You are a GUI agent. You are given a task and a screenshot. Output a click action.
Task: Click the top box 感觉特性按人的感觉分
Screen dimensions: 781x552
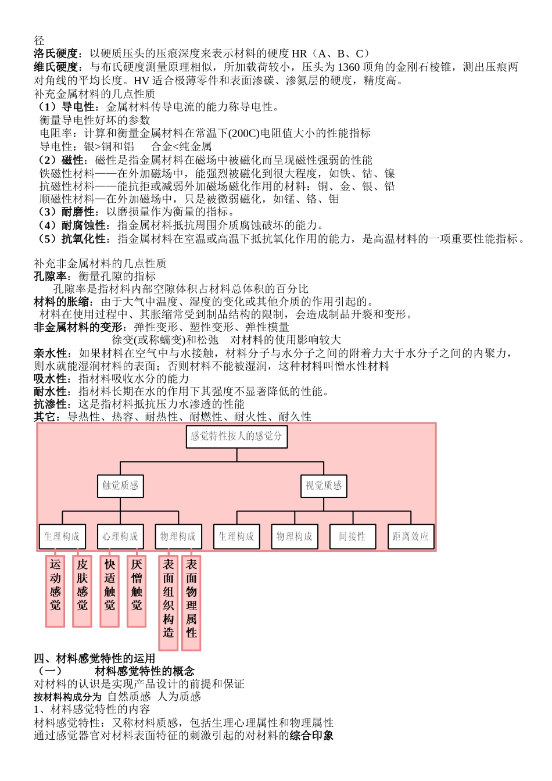click(236, 436)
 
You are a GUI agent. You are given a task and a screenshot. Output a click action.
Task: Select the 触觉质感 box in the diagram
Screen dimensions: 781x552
click(120, 486)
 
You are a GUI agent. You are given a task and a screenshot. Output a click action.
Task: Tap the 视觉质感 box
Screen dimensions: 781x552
click(324, 486)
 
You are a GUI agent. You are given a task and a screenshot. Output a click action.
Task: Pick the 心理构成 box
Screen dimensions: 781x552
click(120, 536)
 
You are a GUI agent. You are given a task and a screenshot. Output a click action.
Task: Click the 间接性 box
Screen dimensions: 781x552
click(353, 536)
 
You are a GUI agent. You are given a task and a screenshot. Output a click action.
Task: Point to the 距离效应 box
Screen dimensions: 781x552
click(410, 536)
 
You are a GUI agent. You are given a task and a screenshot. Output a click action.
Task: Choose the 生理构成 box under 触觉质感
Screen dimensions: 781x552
click(62, 536)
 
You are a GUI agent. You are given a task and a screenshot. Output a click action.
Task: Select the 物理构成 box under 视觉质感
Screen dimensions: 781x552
click(295, 536)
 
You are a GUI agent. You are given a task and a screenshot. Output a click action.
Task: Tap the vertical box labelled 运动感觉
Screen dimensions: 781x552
click(55, 591)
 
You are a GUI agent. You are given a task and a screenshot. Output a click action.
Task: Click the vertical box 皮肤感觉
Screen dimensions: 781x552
click(82, 591)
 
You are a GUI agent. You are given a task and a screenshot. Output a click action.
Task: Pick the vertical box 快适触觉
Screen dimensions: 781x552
click(109, 591)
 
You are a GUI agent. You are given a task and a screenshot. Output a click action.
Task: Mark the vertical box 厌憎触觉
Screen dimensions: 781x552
click(137, 591)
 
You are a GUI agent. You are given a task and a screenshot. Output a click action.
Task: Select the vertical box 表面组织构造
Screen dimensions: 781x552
click(169, 599)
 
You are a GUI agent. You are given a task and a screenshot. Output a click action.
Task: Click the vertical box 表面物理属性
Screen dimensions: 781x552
click(191, 599)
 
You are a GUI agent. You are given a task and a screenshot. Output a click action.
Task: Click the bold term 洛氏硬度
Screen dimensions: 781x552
click(56, 54)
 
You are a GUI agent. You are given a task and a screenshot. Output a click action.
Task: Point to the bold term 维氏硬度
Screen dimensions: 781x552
click(56, 67)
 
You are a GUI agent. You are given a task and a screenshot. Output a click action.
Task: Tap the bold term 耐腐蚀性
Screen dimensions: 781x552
click(84, 225)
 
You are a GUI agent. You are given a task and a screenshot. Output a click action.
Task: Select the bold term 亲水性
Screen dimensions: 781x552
click(51, 353)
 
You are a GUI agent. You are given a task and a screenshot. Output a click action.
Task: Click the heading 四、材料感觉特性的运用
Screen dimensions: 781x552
click(95, 658)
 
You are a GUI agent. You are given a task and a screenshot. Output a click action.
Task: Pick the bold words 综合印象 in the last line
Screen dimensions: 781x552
click(311, 736)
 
